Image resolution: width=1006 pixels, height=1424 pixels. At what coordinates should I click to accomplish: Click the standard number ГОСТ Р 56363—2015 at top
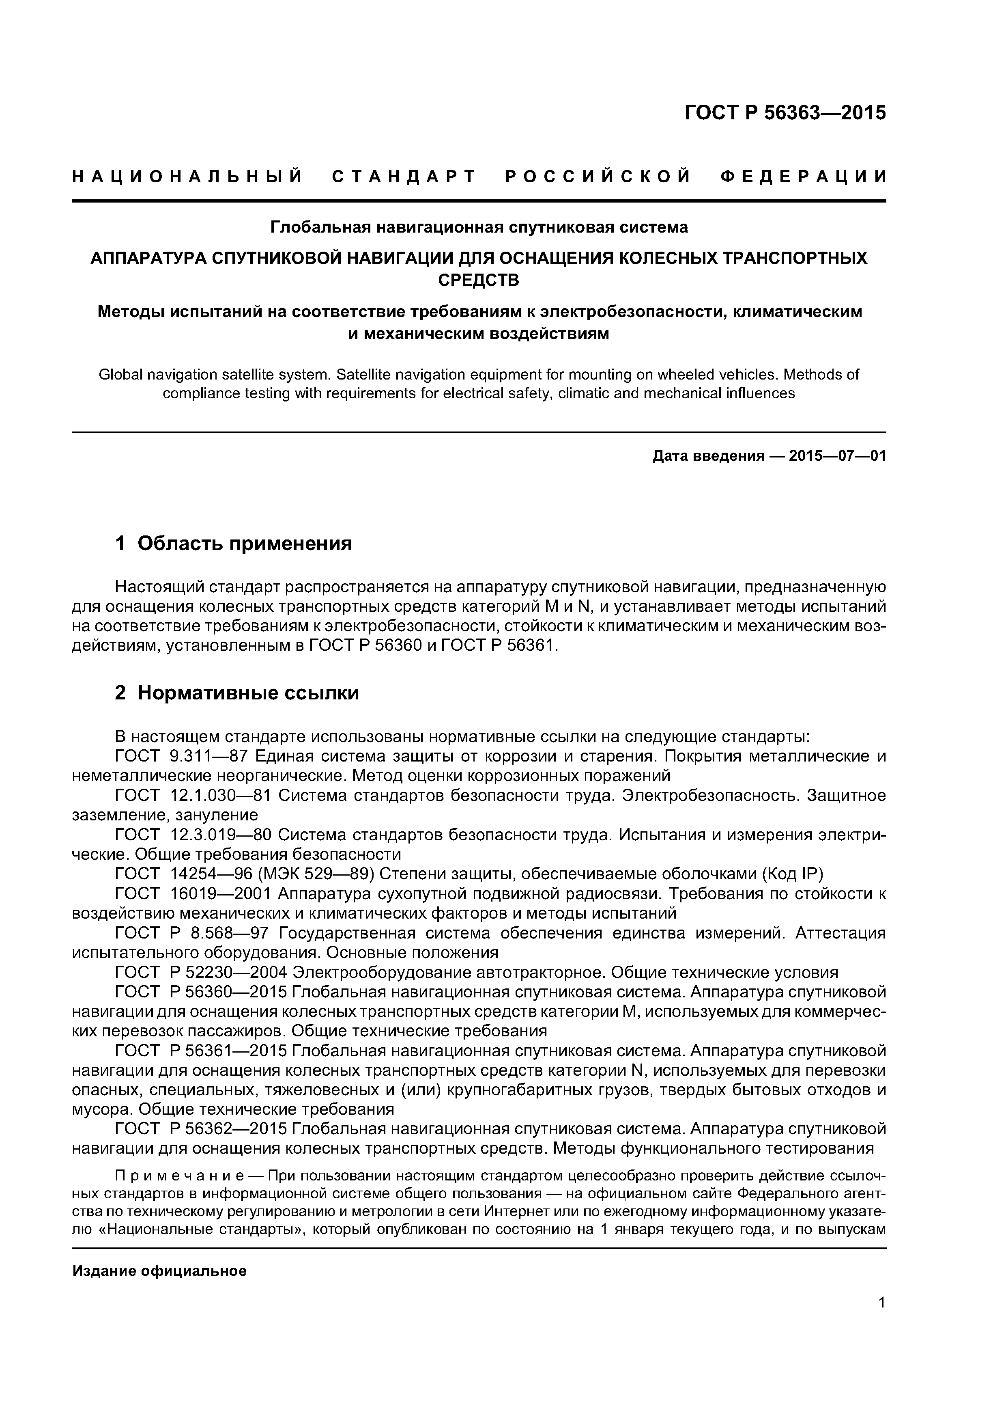[x=785, y=114]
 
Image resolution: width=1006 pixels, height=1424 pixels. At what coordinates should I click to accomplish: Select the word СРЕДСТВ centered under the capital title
[x=479, y=280]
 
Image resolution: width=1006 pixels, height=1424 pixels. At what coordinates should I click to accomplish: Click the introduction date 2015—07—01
[x=837, y=457]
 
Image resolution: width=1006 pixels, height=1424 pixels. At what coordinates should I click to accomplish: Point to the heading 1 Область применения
[x=234, y=544]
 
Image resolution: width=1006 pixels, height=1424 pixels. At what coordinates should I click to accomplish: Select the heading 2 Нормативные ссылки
[x=237, y=693]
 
